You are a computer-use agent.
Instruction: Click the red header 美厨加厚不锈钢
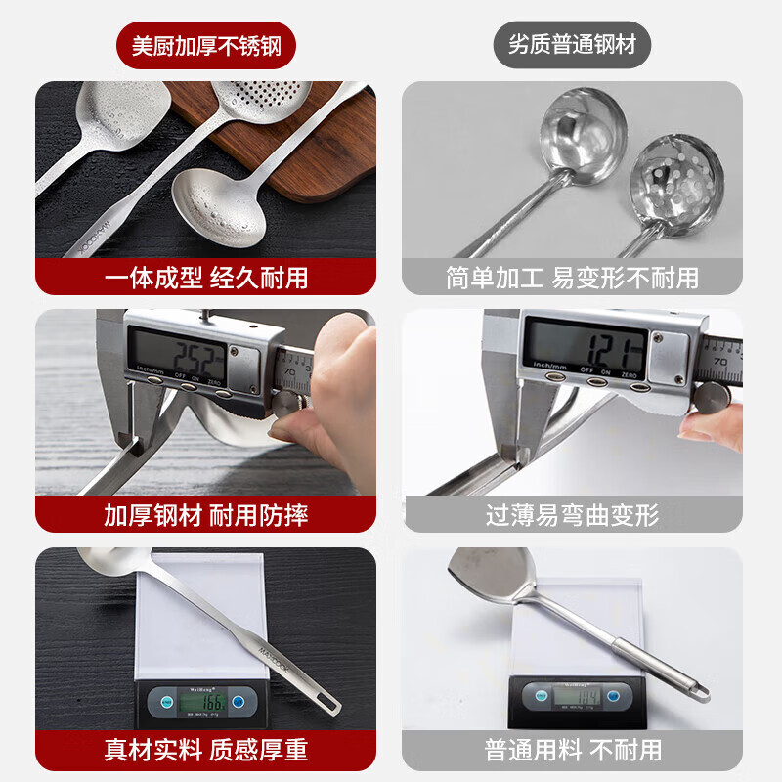205,45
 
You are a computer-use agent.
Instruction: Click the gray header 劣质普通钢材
572,45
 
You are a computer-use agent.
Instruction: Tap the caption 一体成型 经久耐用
205,277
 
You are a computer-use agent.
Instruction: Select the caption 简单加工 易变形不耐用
572,277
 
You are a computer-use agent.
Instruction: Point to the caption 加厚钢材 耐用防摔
205,515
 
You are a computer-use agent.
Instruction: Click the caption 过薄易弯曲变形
572,515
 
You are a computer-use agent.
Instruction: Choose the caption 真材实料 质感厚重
205,750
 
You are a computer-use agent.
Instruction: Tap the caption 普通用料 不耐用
572,750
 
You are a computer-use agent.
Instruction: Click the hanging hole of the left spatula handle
329,701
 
